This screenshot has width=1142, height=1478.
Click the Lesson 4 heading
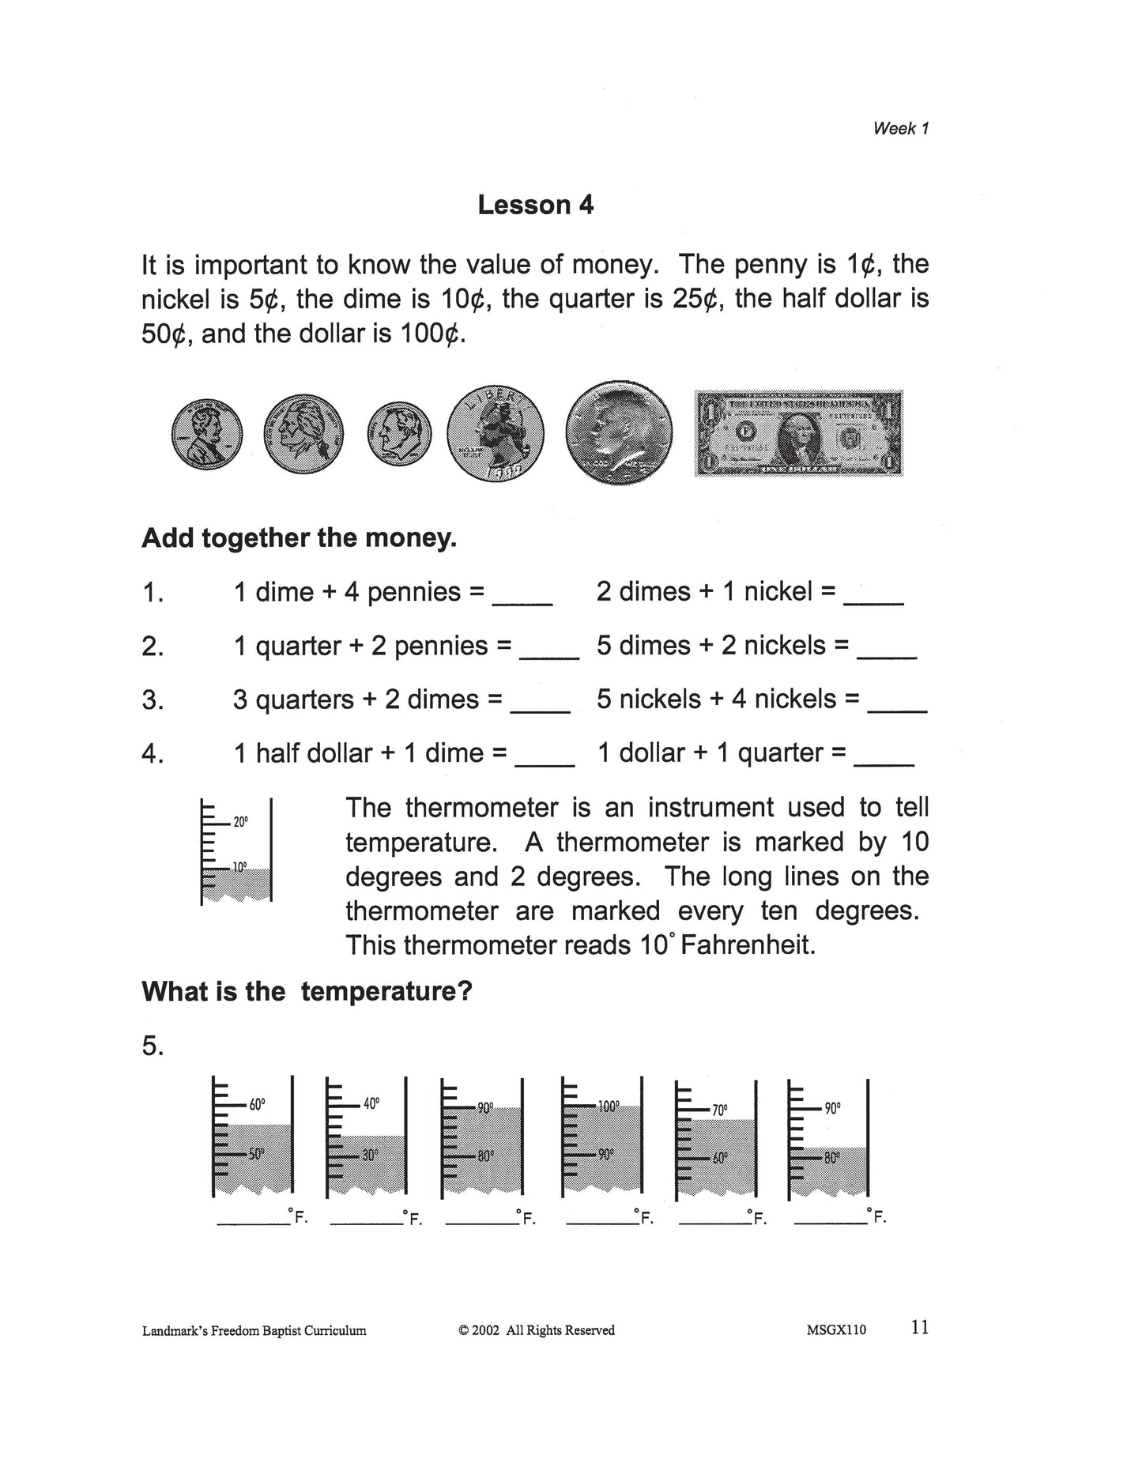pos(535,205)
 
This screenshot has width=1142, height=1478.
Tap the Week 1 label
pos(900,129)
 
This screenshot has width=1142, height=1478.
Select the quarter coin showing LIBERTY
pos(496,434)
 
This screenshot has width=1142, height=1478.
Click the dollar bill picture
pos(798,433)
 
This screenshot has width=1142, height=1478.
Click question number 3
pos(153,700)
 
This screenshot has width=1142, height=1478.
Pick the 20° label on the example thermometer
pos(240,822)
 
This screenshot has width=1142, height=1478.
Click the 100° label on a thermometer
pos(608,1107)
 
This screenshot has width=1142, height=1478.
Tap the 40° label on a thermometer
pos(371,1103)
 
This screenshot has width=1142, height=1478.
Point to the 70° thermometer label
pos(719,1110)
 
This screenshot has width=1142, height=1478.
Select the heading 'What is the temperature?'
pos(307,991)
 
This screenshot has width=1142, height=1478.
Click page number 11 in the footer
pos(919,1327)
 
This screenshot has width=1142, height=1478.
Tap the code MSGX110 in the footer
pos(836,1330)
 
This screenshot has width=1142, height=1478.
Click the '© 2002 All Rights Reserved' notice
pos(536,1330)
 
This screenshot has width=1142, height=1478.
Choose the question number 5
pos(153,1047)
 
